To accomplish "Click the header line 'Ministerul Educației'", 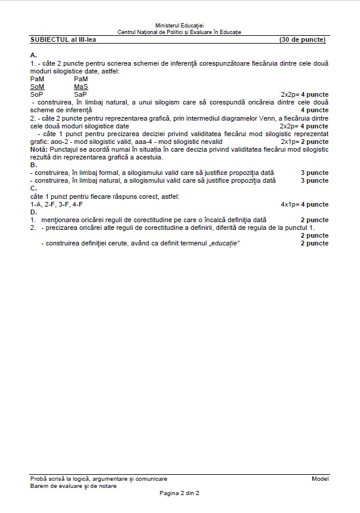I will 179,26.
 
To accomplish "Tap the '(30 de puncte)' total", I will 303,39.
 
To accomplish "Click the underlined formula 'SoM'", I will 36,87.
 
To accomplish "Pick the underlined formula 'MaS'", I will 81,87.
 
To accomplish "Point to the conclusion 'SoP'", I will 36,94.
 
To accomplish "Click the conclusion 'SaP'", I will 81,94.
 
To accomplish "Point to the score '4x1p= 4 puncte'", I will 304,204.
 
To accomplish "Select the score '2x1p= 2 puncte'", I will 304,142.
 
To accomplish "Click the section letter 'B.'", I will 33,165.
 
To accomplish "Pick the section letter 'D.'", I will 33,212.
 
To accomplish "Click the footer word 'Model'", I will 320,479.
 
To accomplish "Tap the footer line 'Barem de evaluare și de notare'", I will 73,486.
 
